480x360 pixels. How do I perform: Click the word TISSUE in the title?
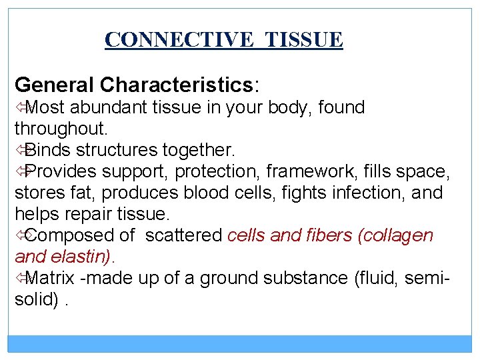pyautogui.click(x=304, y=40)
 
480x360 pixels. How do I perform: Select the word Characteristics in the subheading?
pyautogui.click(x=176, y=85)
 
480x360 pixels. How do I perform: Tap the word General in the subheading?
pyautogui.click(x=54, y=85)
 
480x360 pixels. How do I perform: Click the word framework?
pyautogui.click(x=311, y=171)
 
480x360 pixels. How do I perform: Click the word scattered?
pyautogui.click(x=184, y=235)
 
